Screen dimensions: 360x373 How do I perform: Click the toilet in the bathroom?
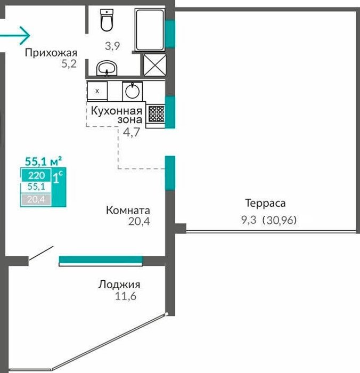point(107,20)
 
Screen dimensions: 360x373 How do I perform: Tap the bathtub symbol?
point(150,29)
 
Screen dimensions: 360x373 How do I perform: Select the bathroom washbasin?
point(107,68)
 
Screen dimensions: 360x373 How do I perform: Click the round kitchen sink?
point(133,91)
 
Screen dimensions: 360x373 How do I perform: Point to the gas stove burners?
point(156,113)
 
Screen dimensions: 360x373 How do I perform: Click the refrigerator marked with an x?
point(97,91)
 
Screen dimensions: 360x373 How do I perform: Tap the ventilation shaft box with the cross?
point(155,65)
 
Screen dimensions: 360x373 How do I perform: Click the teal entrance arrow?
point(15,36)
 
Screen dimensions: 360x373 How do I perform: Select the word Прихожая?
point(51,53)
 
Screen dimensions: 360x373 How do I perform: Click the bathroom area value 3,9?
point(112,46)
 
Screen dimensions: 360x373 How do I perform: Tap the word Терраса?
point(265,204)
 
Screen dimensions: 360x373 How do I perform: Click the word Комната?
point(128,210)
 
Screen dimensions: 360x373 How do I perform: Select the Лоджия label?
point(119,285)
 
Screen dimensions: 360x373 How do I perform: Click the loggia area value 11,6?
point(126,296)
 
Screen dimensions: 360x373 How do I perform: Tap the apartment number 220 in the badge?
point(36,175)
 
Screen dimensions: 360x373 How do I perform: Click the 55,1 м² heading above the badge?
point(44,161)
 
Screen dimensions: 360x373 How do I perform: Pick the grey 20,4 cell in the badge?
point(36,199)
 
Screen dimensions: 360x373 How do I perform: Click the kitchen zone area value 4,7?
point(131,132)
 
